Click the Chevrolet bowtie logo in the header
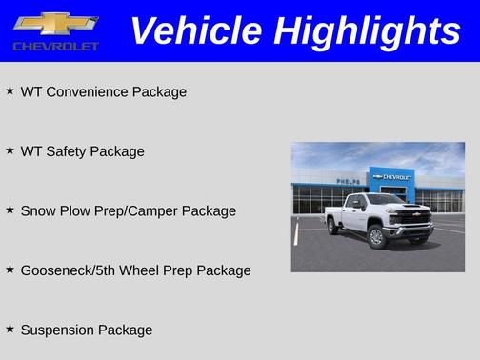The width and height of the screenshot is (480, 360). [x=56, y=23]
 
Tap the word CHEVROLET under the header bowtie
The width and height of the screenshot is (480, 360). [x=56, y=46]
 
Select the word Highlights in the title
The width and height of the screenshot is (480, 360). [x=368, y=31]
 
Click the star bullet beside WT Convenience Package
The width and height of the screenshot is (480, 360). [x=10, y=91]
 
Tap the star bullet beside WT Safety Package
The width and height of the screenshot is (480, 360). [x=10, y=150]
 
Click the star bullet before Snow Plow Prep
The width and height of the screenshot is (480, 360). [x=10, y=210]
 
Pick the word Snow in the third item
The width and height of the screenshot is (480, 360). [x=38, y=210]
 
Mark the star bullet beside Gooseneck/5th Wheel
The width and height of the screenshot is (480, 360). [x=10, y=270]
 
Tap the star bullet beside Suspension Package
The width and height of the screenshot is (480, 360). [x=10, y=329]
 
